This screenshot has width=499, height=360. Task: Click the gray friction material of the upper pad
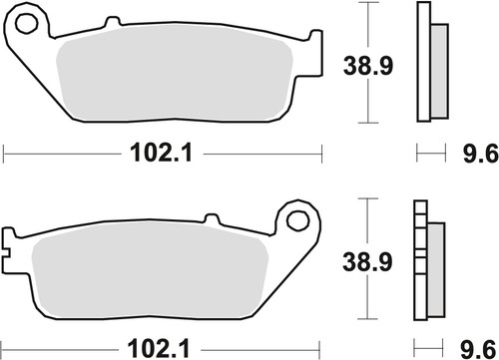[x=170, y=75]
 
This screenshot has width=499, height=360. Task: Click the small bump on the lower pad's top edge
[x=212, y=218]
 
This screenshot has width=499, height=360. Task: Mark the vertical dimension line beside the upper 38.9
[x=370, y=62]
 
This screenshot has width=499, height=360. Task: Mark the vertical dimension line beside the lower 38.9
[x=370, y=257]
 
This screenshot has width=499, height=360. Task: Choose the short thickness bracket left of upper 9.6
[x=430, y=154]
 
